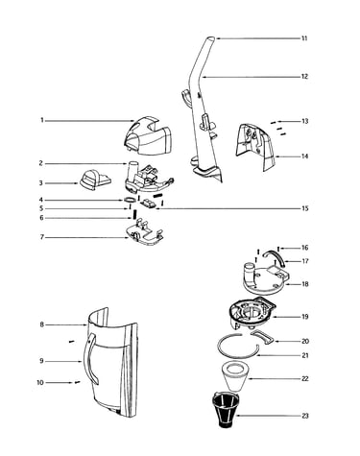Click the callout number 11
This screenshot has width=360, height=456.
tap(304, 38)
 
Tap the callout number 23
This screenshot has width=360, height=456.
tap(305, 416)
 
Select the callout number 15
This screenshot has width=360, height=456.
tap(305, 208)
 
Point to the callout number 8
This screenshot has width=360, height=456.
tap(41, 324)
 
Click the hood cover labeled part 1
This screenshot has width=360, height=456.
tap(149, 136)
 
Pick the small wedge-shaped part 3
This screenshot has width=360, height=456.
tap(95, 180)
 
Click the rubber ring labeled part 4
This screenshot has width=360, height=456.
tap(129, 200)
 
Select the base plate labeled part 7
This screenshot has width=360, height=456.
tap(145, 234)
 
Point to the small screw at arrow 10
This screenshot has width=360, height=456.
tap(77, 382)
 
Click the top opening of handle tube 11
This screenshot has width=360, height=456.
tap(209, 38)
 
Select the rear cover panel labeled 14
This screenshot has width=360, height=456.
tap(255, 147)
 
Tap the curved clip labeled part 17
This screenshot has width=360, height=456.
tap(276, 253)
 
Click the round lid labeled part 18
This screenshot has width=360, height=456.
tap(265, 278)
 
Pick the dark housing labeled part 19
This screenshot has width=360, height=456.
tap(252, 315)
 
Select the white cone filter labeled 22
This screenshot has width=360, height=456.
tap(235, 376)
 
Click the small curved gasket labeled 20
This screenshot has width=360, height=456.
tap(262, 337)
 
